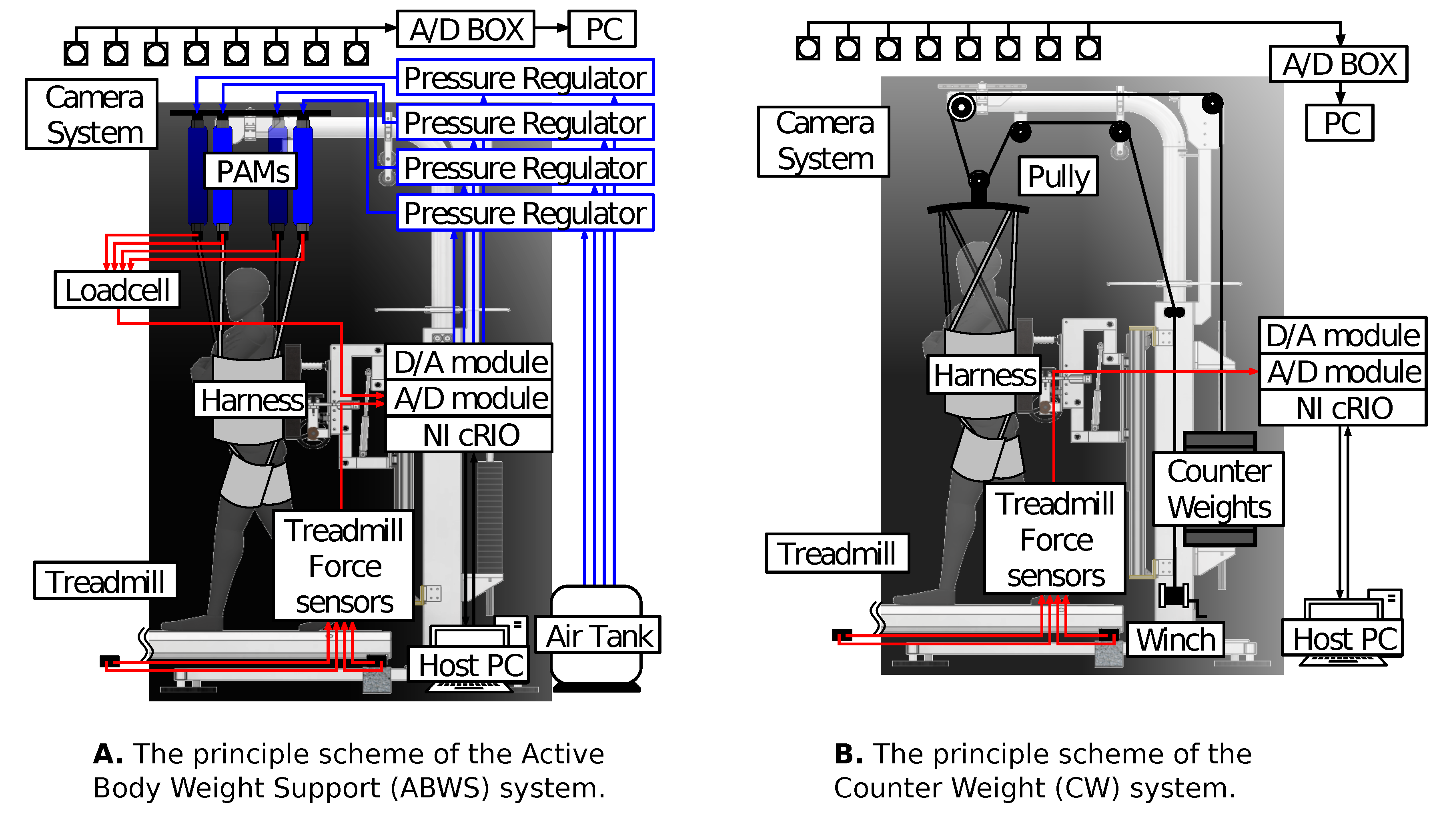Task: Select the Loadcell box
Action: [x=117, y=290]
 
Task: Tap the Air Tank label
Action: [x=598, y=635]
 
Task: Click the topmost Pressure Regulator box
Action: [x=525, y=78]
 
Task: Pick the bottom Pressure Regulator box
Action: [x=525, y=213]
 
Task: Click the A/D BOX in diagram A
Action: [x=466, y=29]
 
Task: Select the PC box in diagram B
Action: [x=1340, y=123]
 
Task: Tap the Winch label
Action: [x=1176, y=639]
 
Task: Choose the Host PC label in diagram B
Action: [x=1343, y=638]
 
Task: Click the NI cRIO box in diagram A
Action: [x=470, y=435]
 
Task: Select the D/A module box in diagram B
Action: [x=1343, y=335]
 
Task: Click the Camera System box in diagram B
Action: [x=824, y=142]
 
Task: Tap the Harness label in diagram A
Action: [x=251, y=400]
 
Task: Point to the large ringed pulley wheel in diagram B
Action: [x=962, y=107]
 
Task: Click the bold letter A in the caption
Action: [x=108, y=754]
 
